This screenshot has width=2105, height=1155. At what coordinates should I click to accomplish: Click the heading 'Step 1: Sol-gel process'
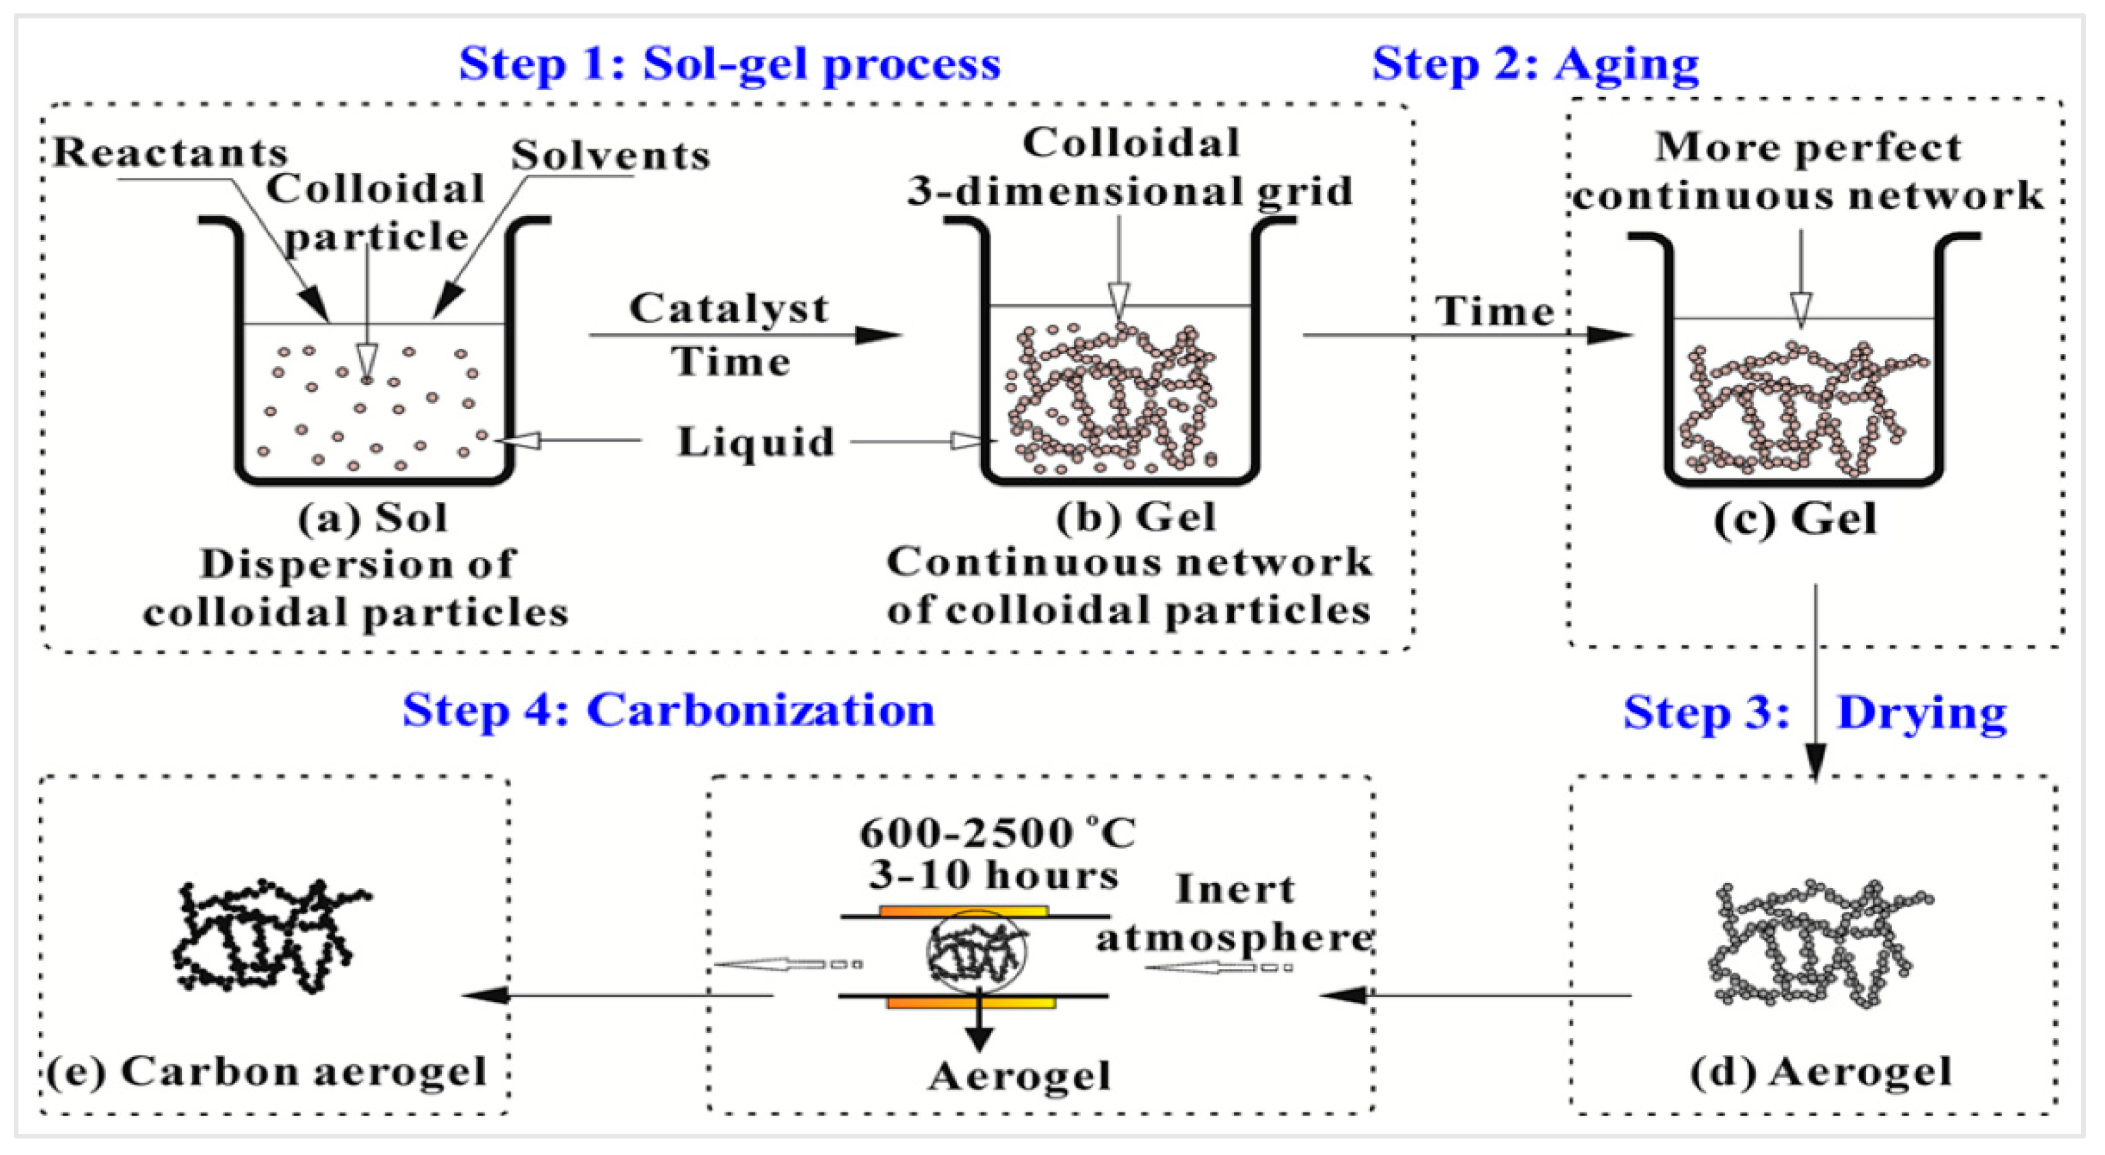click(x=729, y=64)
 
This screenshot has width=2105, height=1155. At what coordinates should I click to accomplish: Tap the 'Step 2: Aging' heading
click(x=1535, y=64)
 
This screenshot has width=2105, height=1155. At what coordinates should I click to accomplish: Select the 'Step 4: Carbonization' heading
click(x=668, y=710)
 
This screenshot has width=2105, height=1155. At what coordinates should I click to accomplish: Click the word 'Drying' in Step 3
click(x=1921, y=713)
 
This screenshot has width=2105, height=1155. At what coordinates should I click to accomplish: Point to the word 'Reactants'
click(x=170, y=152)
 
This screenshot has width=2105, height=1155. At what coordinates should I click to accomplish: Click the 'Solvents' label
click(x=610, y=155)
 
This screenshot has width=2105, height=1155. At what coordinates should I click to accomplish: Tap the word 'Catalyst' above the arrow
click(x=728, y=309)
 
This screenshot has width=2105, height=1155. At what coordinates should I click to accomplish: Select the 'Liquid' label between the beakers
click(x=756, y=442)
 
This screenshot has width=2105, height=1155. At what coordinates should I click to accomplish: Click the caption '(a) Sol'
click(x=373, y=518)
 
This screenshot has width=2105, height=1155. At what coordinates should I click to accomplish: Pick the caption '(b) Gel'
click(x=1136, y=517)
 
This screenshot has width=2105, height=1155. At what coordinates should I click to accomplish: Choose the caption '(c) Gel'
click(x=1795, y=518)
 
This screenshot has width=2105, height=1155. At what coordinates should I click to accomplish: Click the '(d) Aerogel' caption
click(x=1821, y=1072)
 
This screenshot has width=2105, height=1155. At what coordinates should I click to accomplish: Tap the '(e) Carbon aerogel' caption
click(x=266, y=1072)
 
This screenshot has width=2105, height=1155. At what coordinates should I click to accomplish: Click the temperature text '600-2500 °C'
click(x=997, y=833)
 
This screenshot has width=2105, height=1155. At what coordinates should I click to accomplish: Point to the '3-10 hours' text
click(x=993, y=875)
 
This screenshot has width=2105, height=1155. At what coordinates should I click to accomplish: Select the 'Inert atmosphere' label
click(x=1234, y=913)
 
